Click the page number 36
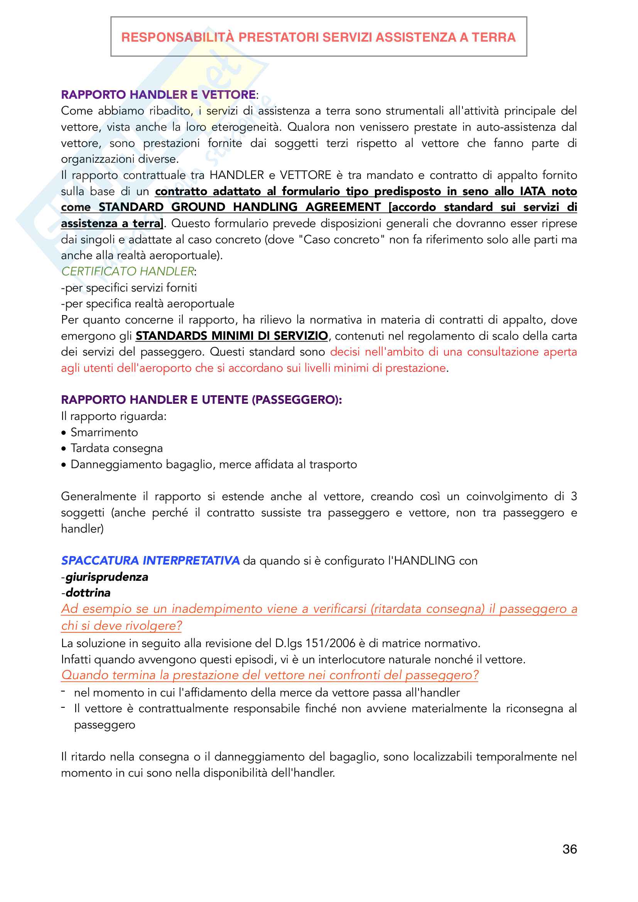[x=569, y=849]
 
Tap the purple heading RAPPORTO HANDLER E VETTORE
[x=158, y=95]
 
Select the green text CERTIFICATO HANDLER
[x=128, y=271]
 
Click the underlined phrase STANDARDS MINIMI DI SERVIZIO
[x=232, y=336]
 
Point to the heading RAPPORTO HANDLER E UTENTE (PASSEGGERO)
[x=201, y=400]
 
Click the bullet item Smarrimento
[x=104, y=433]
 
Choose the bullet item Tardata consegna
[x=116, y=448]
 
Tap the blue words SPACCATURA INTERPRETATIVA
[x=150, y=561]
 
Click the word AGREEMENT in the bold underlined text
[x=343, y=207]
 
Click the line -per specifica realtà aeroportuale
[x=148, y=303]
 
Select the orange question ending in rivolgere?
[x=319, y=617]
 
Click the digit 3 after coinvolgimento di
[x=574, y=497]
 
